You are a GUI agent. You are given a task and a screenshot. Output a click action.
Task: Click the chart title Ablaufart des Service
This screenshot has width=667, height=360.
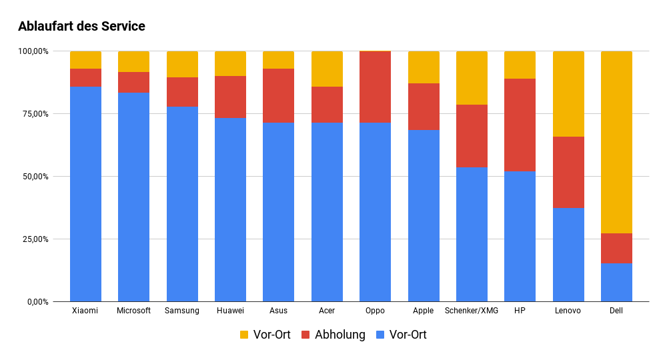click(x=81, y=27)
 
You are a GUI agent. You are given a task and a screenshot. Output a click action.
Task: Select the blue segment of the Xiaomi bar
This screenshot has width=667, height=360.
click(x=85, y=193)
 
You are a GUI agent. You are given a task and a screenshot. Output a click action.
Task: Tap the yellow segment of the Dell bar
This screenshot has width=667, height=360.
click(x=616, y=142)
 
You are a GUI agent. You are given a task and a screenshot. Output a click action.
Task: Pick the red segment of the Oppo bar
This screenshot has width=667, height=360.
click(x=375, y=87)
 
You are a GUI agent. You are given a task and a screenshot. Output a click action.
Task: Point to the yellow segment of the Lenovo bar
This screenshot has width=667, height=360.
click(x=568, y=94)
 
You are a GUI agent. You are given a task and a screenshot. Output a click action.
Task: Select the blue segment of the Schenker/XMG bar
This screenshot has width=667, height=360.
click(x=472, y=235)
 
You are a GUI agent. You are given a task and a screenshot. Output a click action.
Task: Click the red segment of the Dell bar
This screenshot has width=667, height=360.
click(x=616, y=249)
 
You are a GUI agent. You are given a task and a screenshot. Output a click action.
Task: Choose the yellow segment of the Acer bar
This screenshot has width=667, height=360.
click(x=327, y=69)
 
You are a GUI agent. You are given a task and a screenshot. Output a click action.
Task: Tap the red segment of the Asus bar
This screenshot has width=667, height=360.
click(x=278, y=95)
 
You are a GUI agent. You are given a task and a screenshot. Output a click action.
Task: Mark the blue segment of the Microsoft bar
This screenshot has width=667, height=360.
click(x=133, y=197)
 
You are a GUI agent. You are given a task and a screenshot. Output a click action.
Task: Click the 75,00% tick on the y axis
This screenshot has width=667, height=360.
click(x=33, y=114)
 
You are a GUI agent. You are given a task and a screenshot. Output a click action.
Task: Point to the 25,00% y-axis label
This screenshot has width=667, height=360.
click(x=33, y=239)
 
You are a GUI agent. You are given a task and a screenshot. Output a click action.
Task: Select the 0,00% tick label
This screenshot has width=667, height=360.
click(x=36, y=302)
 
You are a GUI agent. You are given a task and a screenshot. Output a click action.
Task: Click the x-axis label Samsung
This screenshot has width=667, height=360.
click(x=182, y=311)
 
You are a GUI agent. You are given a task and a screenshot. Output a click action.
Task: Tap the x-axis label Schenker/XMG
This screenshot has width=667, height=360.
click(x=472, y=311)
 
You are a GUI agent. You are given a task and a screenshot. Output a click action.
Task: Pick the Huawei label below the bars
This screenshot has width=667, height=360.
click(x=230, y=311)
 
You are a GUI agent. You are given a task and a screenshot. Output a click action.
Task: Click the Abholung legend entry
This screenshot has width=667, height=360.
click(x=340, y=335)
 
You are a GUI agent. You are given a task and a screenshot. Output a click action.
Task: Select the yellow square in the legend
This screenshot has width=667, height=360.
click(x=244, y=335)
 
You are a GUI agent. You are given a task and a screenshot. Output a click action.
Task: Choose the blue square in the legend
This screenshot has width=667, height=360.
click(x=380, y=335)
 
